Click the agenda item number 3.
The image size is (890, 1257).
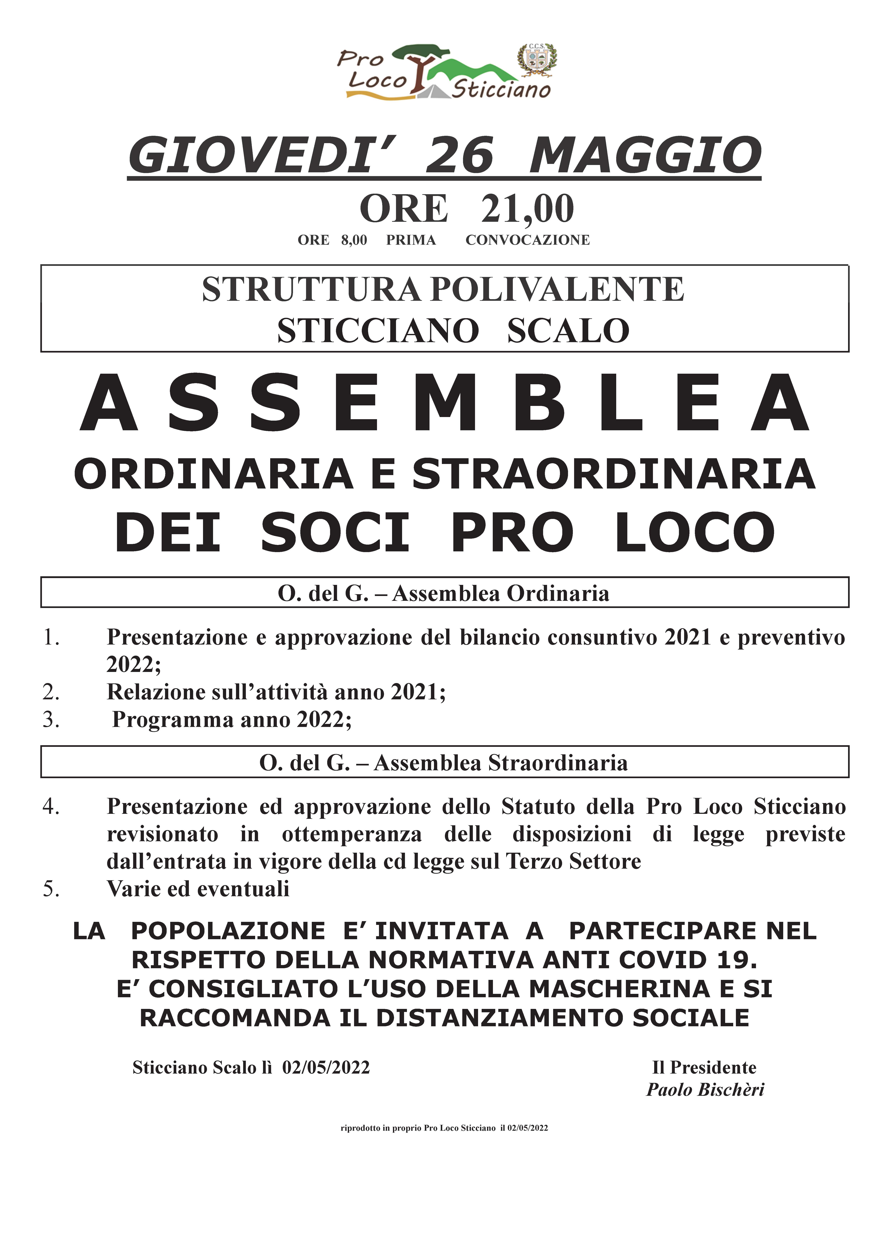tap(51, 719)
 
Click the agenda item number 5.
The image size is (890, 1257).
tap(51, 888)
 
